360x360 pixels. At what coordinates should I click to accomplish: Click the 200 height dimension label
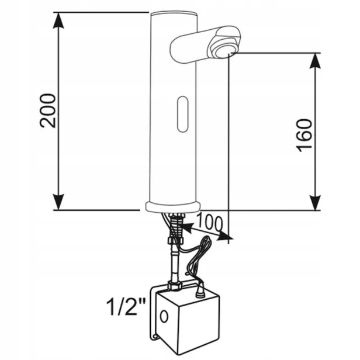48,110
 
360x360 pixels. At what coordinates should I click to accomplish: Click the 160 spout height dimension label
304,136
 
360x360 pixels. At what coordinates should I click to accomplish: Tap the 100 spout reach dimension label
210,222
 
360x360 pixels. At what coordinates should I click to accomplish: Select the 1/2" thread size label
126,307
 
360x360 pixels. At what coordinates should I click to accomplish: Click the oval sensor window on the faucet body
183,114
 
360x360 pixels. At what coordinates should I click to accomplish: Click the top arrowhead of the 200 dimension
58,20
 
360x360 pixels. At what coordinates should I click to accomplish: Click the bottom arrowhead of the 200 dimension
58,202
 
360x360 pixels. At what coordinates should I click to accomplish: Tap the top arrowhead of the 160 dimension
315,61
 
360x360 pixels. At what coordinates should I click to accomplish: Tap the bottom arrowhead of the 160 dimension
315,202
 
